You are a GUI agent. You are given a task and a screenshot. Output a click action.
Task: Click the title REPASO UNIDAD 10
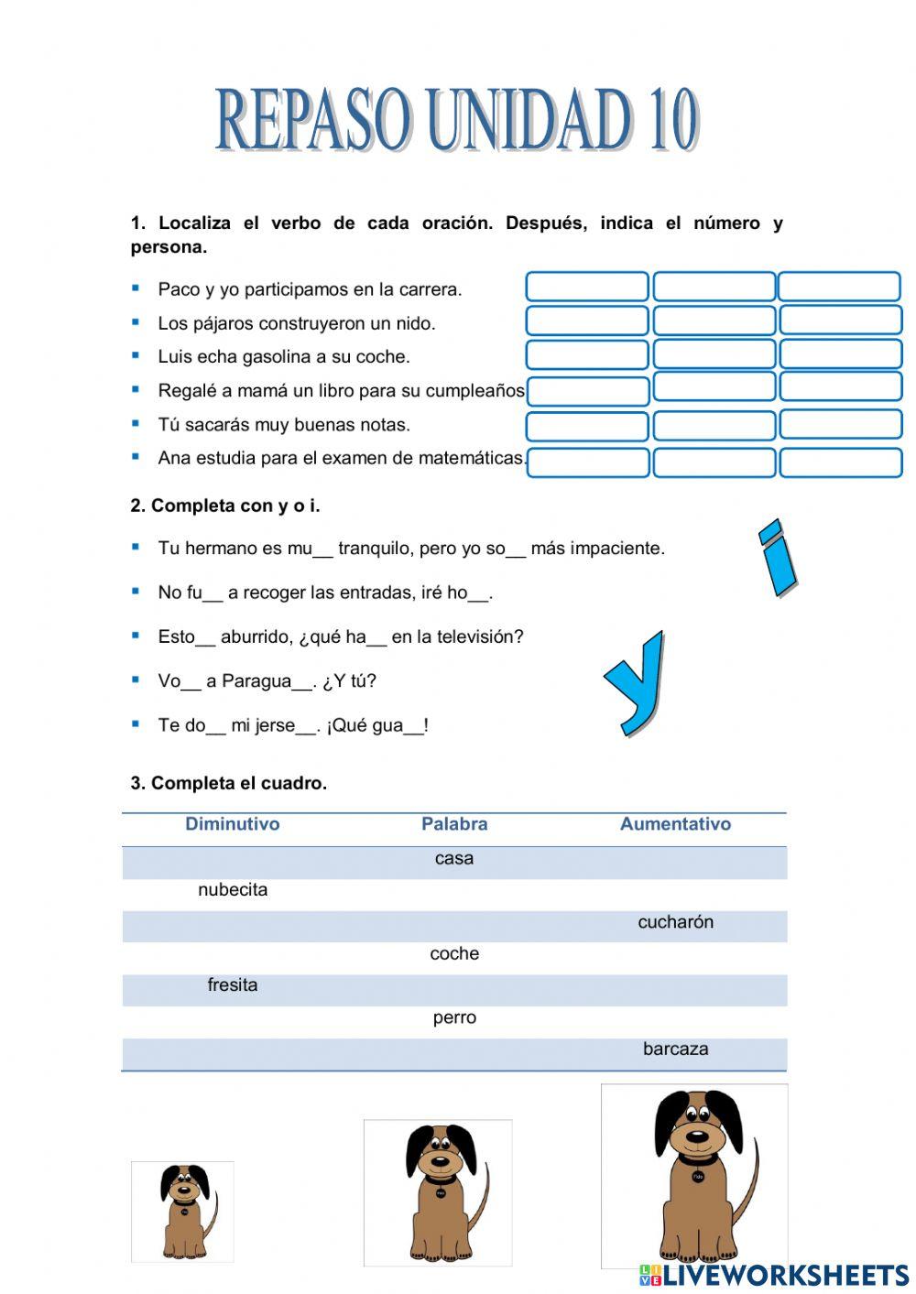pos(457,120)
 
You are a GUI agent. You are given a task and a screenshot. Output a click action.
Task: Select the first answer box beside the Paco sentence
pos(587,287)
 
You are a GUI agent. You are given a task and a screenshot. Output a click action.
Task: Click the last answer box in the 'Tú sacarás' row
pos(840,425)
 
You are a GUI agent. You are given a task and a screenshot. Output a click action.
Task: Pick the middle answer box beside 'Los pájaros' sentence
pos(714,321)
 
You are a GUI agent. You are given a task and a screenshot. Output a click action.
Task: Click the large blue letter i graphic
pos(778,559)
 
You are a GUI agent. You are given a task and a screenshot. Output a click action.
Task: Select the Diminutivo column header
pos(233,824)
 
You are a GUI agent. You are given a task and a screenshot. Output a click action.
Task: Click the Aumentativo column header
pos(675,824)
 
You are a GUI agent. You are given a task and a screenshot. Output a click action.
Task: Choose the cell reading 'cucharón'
pos(675,922)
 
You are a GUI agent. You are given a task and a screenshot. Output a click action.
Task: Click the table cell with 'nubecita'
pos(233,890)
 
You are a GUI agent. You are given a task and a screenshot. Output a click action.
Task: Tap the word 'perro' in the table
pos(454,1017)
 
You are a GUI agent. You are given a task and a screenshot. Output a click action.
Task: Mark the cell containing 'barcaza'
pos(675,1049)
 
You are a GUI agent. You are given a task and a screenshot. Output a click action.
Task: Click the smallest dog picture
pos(184,1212)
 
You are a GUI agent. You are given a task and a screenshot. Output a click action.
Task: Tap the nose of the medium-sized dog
pos(441,1160)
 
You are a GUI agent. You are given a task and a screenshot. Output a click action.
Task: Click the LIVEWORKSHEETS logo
pos(774,1275)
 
